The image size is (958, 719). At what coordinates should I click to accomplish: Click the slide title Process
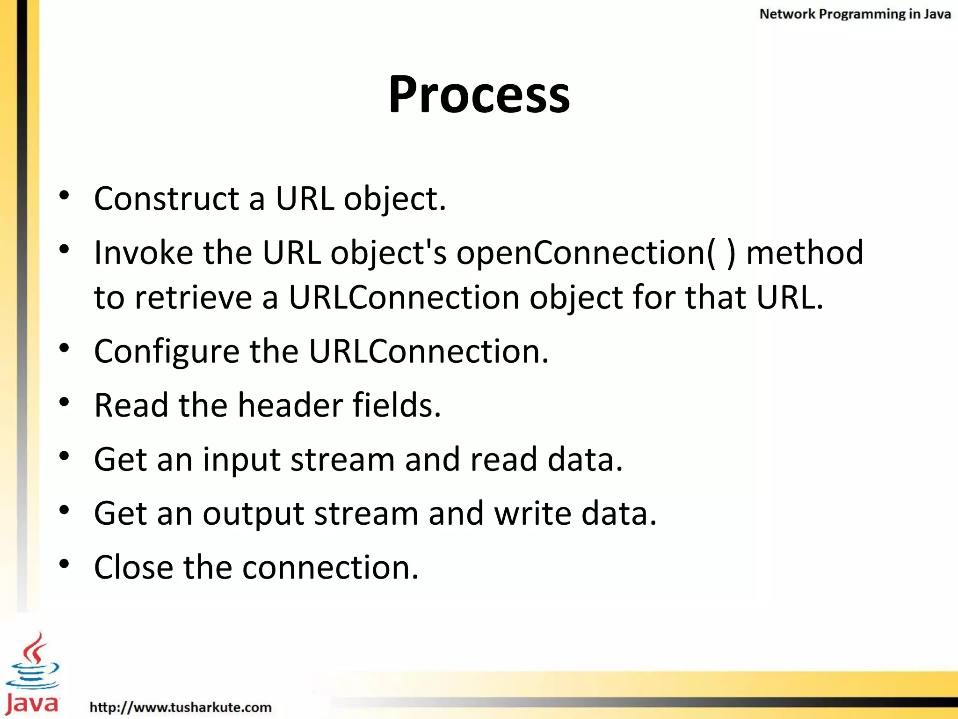click(x=479, y=95)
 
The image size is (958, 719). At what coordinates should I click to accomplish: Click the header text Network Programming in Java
click(x=855, y=14)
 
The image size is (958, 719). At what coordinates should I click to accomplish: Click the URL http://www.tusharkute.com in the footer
click(x=181, y=707)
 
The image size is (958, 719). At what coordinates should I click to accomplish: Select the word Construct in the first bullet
click(x=167, y=198)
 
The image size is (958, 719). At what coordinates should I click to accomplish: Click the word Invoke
click(x=143, y=253)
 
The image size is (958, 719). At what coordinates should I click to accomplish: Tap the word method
click(x=804, y=253)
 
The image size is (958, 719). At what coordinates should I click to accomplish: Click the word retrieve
click(x=193, y=298)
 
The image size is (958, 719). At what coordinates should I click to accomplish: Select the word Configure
click(x=167, y=352)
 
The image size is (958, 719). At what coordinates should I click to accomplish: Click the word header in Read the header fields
click(x=290, y=405)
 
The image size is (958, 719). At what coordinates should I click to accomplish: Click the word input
click(x=241, y=460)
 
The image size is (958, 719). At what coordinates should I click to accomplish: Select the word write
click(x=533, y=514)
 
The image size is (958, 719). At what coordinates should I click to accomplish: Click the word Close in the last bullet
click(x=133, y=568)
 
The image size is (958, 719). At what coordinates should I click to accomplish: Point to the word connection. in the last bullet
click(x=330, y=568)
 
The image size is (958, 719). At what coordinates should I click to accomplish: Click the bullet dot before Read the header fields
click(x=65, y=402)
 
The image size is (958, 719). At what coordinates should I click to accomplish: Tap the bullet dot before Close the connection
click(x=65, y=564)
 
